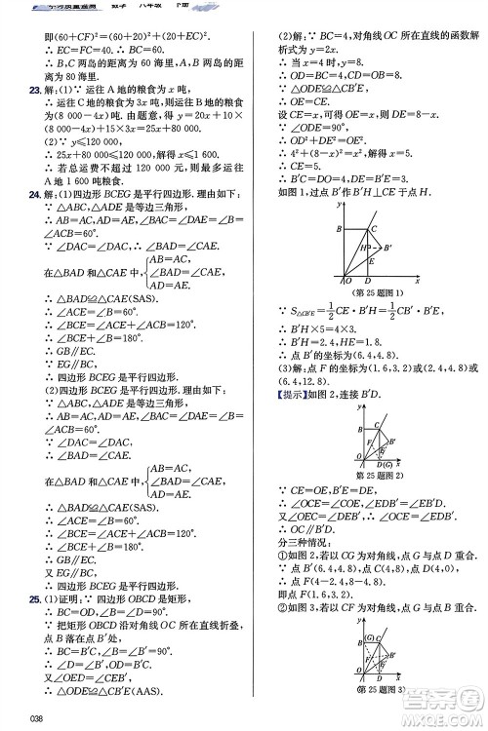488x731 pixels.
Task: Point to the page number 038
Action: point(38,718)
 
